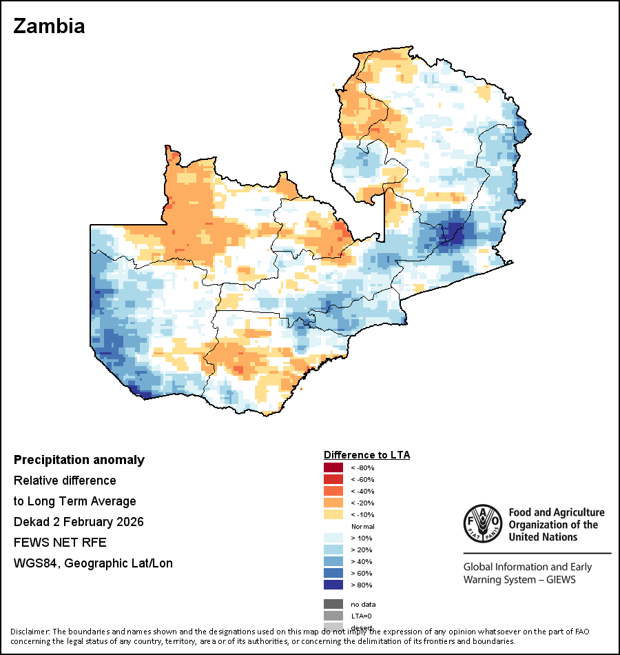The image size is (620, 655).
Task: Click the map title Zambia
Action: click(x=49, y=26)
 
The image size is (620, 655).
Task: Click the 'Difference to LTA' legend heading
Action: click(x=366, y=455)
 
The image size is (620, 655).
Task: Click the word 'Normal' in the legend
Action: click(x=363, y=527)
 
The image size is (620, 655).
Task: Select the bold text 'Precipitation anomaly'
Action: click(x=79, y=460)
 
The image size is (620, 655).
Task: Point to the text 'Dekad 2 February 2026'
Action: click(x=79, y=522)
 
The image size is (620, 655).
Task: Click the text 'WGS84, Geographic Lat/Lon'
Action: click(x=93, y=563)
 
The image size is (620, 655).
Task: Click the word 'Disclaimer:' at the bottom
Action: click(x=30, y=632)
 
